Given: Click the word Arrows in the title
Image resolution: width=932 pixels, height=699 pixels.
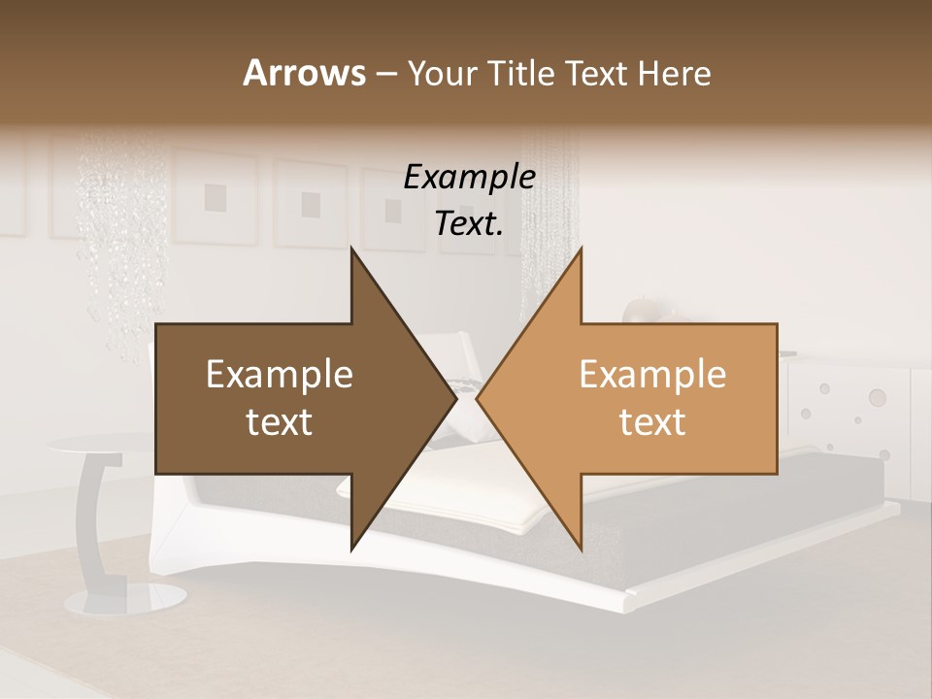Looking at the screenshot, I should tap(305, 73).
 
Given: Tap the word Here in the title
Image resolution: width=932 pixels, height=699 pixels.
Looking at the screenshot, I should tap(675, 73).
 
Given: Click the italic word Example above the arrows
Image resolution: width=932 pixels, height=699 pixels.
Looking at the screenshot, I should tap(470, 177).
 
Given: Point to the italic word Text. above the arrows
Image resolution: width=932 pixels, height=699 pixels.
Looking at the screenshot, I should tap(470, 223).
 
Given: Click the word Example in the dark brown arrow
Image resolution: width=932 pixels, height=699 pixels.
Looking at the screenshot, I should tap(280, 374).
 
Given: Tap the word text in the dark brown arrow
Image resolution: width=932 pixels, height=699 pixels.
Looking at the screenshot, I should tap(280, 421).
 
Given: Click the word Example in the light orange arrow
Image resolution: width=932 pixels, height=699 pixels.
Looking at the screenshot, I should tap(652, 374).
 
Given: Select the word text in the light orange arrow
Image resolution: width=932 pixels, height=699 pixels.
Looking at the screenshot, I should tap(652, 421).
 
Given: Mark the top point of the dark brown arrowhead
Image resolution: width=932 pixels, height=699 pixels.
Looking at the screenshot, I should tap(351, 249).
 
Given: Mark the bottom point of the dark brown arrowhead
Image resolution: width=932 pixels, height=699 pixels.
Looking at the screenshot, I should tap(351, 550).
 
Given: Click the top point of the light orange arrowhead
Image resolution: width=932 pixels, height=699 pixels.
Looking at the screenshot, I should tap(582, 249).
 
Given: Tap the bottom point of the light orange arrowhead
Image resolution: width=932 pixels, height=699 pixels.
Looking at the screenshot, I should tap(582, 550).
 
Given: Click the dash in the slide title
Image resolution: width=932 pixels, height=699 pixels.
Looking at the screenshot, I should tap(385, 74).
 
